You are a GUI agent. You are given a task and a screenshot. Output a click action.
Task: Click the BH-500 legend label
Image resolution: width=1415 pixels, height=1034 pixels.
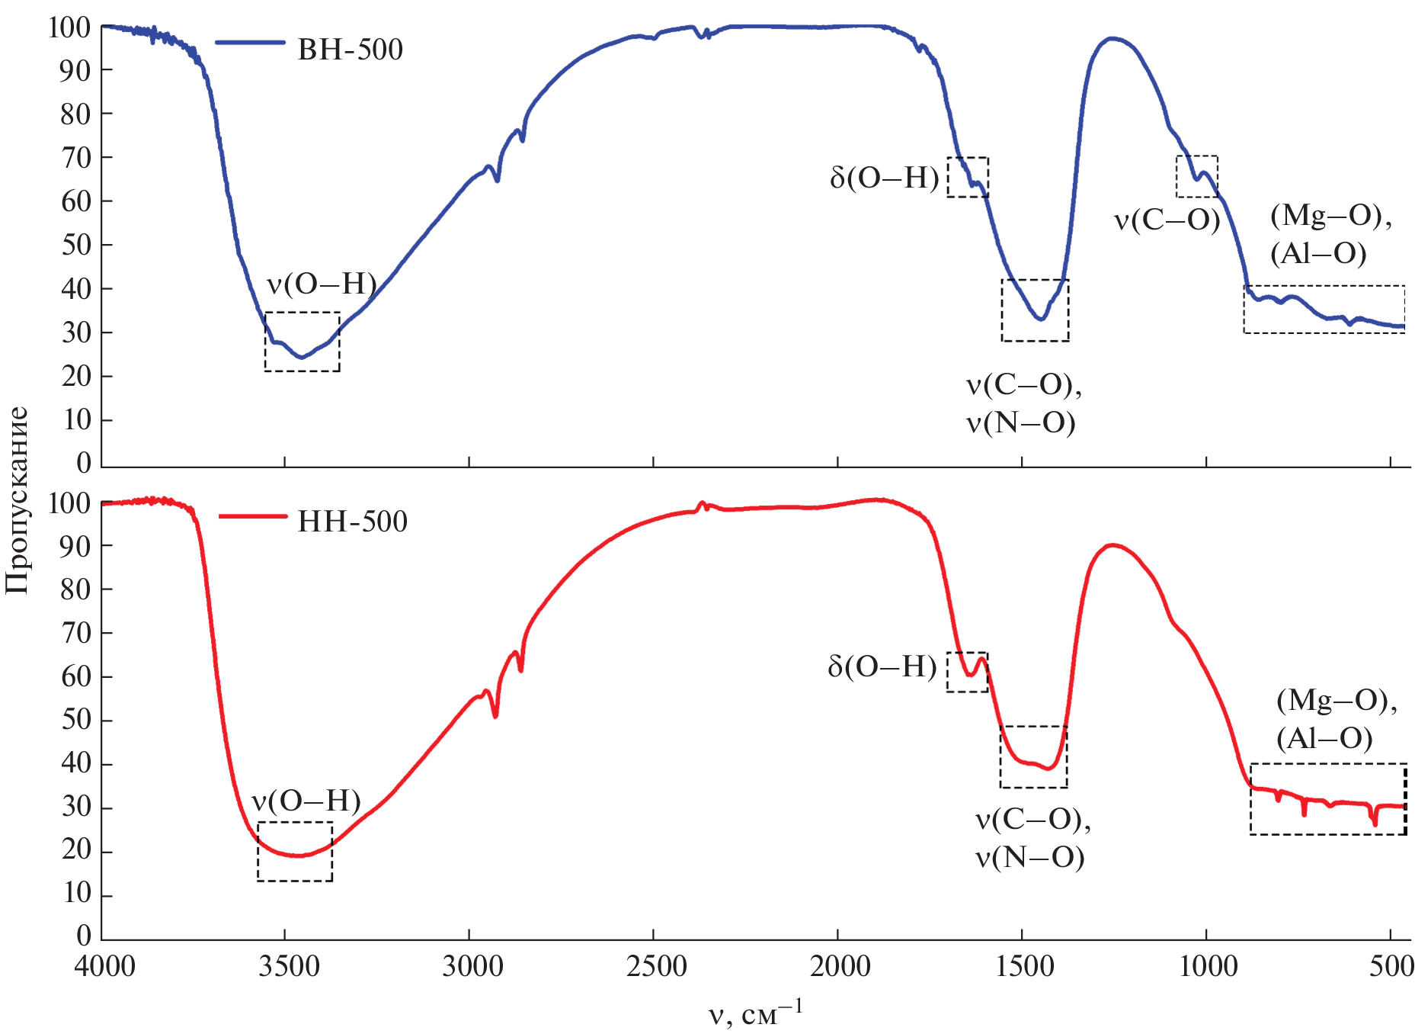(x=350, y=50)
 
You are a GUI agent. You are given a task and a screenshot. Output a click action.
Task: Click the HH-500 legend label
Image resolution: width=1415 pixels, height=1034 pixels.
(x=352, y=522)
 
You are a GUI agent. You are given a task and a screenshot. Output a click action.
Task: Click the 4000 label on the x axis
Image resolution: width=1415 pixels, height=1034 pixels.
(x=105, y=967)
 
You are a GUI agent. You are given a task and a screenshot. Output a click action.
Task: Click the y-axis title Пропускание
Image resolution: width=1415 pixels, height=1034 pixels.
(x=17, y=500)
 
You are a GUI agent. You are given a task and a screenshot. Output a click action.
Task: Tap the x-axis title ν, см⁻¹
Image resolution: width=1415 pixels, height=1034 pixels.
(x=755, y=1013)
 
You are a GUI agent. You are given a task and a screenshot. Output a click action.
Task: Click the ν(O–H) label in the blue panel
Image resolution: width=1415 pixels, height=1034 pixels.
(x=322, y=284)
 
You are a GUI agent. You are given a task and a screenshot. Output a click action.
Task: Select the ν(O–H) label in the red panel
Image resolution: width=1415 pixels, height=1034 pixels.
(x=306, y=801)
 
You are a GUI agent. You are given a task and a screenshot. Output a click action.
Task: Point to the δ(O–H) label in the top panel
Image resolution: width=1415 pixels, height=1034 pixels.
(x=884, y=178)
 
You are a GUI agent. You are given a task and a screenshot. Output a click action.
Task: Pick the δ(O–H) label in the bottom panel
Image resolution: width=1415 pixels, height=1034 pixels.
(x=882, y=667)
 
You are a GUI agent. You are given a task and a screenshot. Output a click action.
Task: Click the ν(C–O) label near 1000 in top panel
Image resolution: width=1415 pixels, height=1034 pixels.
(x=1167, y=221)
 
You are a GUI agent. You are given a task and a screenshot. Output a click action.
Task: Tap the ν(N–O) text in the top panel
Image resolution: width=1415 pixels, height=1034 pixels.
(x=1021, y=422)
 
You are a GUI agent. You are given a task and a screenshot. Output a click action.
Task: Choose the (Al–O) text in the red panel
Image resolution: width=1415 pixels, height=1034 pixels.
(x=1324, y=738)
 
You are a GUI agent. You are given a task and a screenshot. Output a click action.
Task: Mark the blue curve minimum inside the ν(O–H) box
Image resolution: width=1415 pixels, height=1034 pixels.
(x=302, y=357)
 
